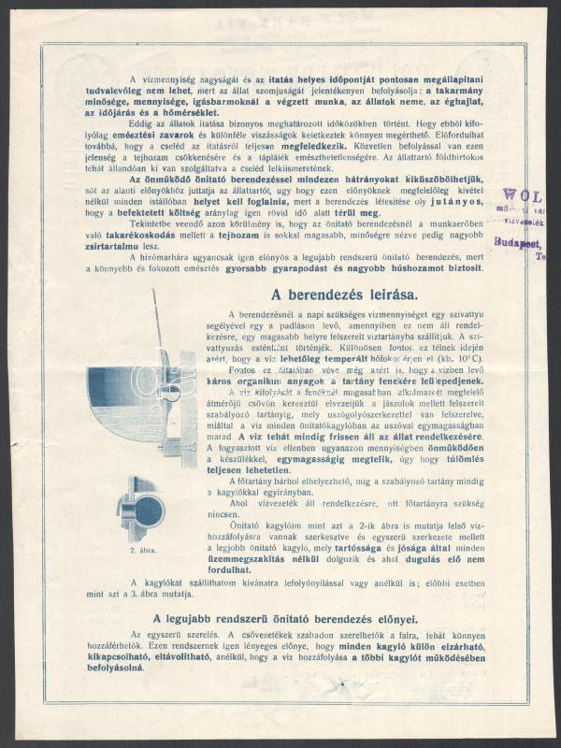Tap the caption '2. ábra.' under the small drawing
[x=143, y=551]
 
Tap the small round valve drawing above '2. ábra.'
[x=141, y=508]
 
